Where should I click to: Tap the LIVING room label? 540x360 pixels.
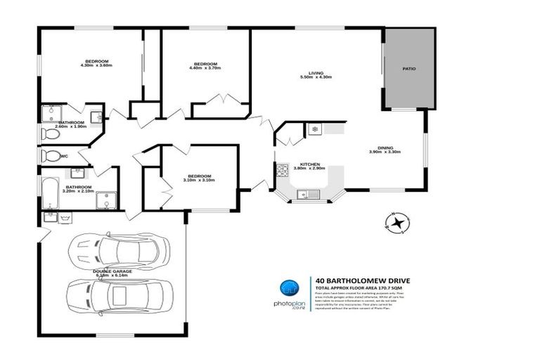click(x=316, y=72)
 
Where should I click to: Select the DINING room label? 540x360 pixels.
click(x=385, y=147)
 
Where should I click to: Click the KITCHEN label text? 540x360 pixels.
click(x=310, y=163)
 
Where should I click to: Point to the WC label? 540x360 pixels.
click(x=64, y=156)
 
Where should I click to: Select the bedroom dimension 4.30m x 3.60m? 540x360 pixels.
click(x=96, y=65)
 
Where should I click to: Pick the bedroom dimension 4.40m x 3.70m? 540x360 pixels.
click(x=205, y=68)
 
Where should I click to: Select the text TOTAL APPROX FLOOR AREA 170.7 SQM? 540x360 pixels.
click(x=364, y=288)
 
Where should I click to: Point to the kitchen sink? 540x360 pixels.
click(x=307, y=195)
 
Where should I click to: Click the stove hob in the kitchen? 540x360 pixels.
click(x=281, y=169)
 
